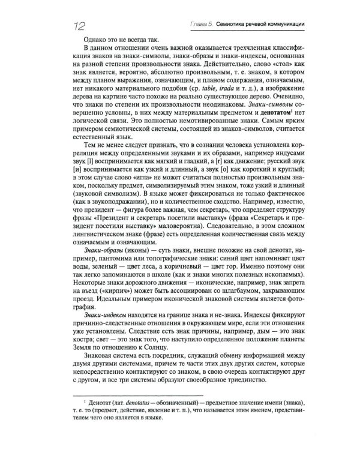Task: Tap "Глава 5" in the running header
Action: tap(198, 23)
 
